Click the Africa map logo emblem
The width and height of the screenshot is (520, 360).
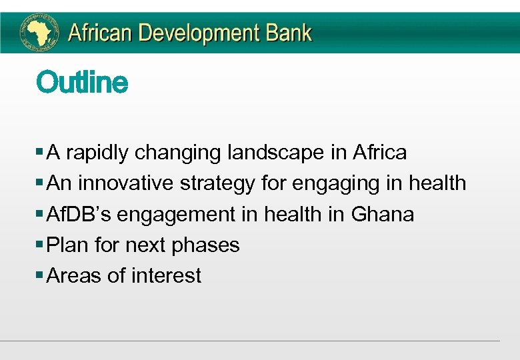click(39, 31)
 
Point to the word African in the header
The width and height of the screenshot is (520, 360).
click(98, 32)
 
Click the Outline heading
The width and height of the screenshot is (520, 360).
click(82, 83)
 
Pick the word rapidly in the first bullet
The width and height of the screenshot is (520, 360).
click(97, 153)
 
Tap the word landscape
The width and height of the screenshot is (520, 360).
click(275, 153)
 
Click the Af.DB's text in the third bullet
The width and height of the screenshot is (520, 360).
click(73, 215)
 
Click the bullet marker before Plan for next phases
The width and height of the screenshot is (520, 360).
click(41, 245)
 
